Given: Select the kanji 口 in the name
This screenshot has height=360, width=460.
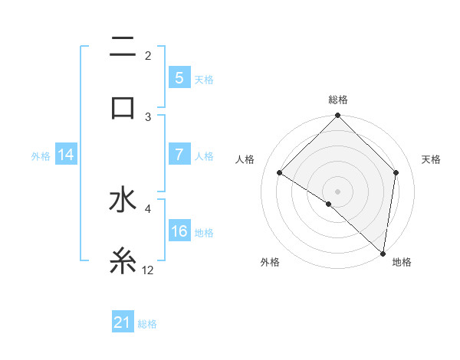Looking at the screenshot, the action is tap(123, 106).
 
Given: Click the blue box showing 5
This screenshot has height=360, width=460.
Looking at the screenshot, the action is tap(179, 77).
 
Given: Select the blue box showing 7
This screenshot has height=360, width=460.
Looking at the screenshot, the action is tap(179, 155).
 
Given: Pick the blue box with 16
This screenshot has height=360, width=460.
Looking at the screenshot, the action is tap(179, 231).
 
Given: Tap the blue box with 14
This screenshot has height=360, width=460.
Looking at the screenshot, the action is tap(66, 155).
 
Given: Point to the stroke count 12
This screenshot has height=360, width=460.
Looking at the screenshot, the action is tap(148, 270).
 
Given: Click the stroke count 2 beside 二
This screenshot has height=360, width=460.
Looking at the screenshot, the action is tap(148, 55).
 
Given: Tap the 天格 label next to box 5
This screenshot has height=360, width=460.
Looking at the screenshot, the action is tap(204, 79).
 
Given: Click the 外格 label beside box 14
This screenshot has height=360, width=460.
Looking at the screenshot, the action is tap(41, 155).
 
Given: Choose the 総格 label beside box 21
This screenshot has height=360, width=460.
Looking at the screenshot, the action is tap(147, 324).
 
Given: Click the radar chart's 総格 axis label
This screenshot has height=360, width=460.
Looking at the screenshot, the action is tap(337, 100).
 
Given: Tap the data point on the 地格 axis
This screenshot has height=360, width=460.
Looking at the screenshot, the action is tap(383, 254).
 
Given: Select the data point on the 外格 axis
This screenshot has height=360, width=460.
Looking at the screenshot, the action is tap(328, 204).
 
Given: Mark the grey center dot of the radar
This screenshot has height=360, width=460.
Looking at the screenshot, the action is tap(337, 191).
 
